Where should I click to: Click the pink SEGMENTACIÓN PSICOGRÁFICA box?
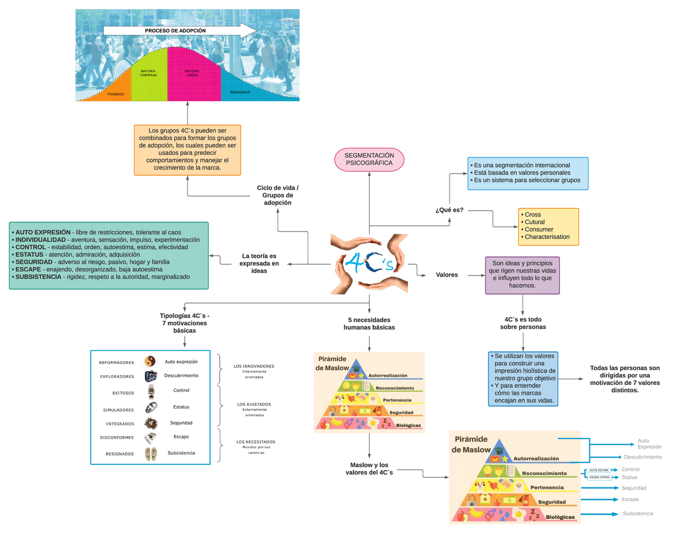369,159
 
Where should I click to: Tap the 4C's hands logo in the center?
369,264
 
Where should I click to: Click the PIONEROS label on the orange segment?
116,94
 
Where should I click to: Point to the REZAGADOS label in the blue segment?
240,92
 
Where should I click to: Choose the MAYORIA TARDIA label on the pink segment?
192,73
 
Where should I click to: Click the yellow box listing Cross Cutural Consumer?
548,226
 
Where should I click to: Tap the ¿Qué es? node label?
450,210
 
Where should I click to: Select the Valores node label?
447,275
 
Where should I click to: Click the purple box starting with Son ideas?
522,275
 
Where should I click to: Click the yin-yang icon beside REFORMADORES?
150,362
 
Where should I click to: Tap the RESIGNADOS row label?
119,454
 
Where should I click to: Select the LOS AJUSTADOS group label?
254,405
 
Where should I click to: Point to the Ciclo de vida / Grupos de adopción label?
277,195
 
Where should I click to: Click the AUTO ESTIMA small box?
599,470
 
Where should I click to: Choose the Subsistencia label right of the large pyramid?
638,513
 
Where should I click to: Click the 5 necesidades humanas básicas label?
369,323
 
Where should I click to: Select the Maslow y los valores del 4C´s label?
369,469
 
